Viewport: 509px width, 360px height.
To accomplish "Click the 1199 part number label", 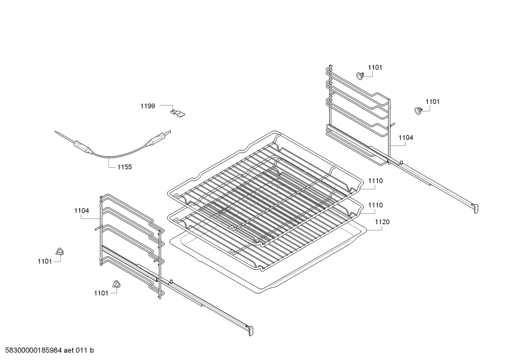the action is point(148,106).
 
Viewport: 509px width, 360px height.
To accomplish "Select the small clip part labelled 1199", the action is point(177,113).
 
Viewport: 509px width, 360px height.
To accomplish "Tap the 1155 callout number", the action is point(125,167).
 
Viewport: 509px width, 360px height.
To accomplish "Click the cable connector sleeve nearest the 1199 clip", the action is point(156,140).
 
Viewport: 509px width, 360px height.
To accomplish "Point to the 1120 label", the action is point(382,222).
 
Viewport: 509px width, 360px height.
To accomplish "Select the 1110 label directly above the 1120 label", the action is point(376,206).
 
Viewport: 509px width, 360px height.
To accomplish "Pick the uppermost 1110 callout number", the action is point(376,181).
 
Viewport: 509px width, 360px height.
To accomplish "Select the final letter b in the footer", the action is point(92,350).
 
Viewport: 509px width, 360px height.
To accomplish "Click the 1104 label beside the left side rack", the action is point(81,211).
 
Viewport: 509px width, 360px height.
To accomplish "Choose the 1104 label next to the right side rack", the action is point(406,138).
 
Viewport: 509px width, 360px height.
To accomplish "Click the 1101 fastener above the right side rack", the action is point(360,76).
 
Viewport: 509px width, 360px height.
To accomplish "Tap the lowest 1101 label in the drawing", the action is point(101,293).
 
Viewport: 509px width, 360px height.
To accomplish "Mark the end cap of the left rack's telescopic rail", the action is point(250,331).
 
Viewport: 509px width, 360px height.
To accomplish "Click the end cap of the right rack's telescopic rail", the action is point(475,208).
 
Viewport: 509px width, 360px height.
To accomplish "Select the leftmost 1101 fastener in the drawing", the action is point(60,251).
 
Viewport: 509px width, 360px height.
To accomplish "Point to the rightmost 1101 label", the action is point(433,102).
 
